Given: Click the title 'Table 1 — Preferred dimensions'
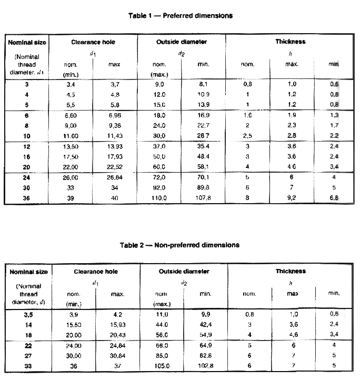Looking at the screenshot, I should click(x=180, y=16).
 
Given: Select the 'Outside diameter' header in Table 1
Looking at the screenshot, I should click(x=181, y=42).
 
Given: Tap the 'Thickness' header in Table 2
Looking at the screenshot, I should click(x=290, y=271).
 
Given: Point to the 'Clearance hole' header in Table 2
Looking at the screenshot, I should click(x=95, y=271).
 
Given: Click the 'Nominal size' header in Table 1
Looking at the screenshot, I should click(x=26, y=42).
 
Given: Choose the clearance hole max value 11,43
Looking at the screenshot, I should click(x=114, y=135).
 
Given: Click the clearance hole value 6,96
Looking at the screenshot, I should click(x=114, y=114).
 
